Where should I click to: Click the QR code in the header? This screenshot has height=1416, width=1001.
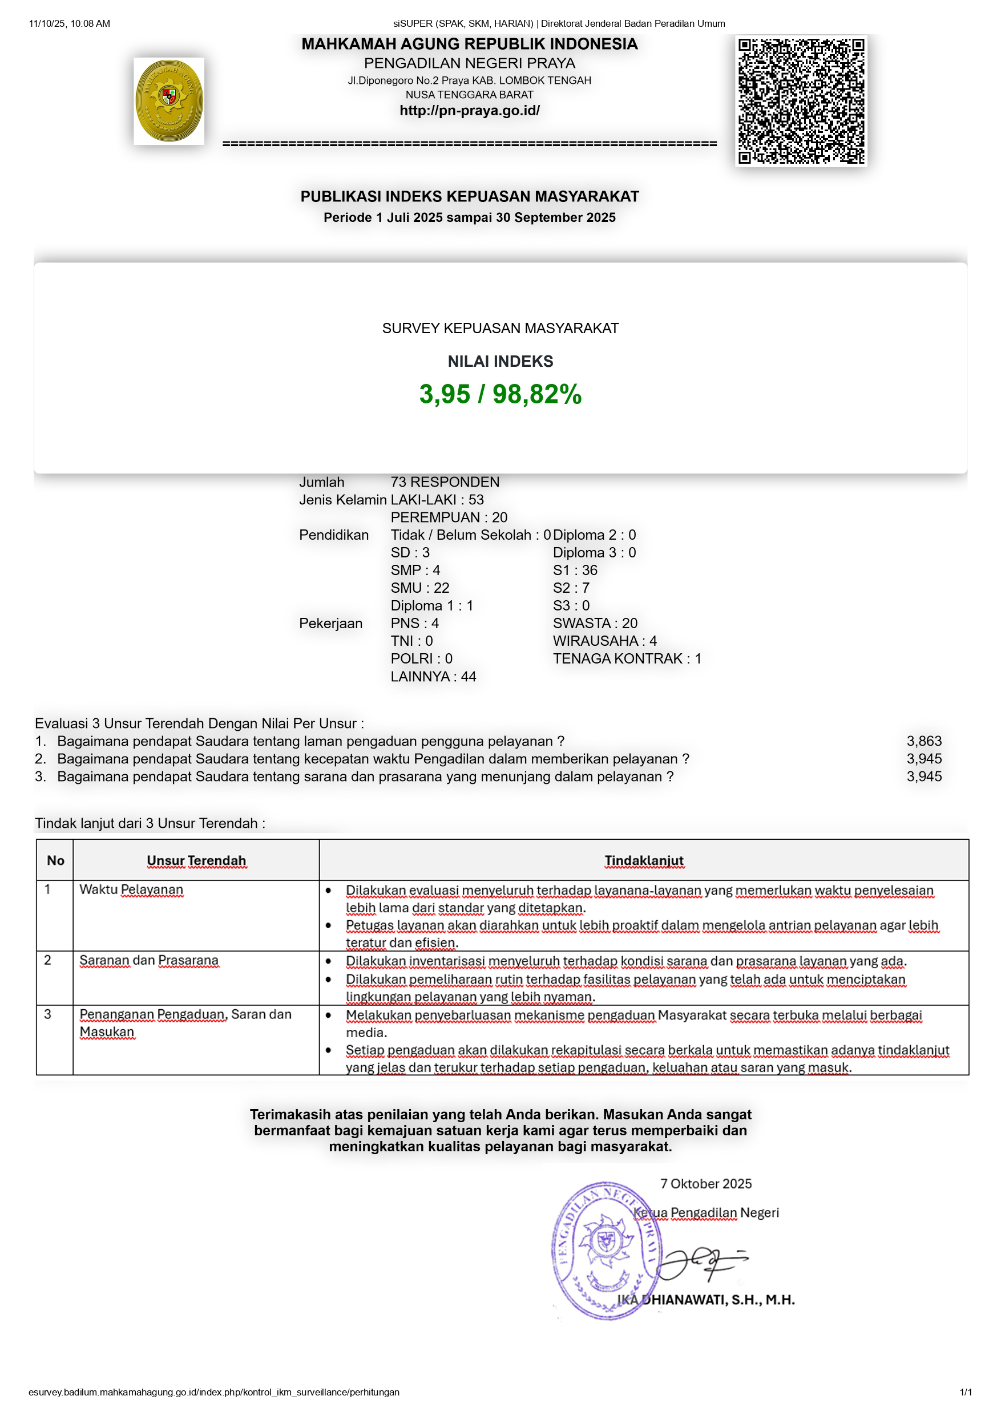(801, 100)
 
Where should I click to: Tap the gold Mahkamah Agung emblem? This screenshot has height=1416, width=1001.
(168, 101)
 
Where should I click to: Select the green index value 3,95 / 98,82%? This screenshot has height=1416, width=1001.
(500, 394)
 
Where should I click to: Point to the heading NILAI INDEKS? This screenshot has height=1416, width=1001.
(500, 361)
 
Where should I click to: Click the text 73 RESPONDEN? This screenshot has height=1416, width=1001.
(445, 482)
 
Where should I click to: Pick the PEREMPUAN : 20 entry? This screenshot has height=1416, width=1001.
(449, 517)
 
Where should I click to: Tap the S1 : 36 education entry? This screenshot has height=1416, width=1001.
(575, 571)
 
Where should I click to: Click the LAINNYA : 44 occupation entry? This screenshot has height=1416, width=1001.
(433, 677)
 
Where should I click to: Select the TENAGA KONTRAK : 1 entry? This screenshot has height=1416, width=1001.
(627, 659)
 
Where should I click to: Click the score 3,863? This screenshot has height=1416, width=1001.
(923, 741)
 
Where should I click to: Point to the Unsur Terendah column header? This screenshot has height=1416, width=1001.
(196, 860)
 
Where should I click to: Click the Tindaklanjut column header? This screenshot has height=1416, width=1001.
(644, 860)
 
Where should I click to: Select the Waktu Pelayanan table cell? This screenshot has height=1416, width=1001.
(131, 889)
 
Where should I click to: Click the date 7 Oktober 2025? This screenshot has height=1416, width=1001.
(705, 1183)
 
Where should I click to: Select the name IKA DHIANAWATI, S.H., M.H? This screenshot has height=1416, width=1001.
(705, 1300)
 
